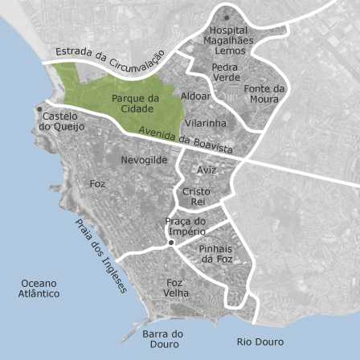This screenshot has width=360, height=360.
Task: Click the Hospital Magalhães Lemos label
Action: pyautogui.click(x=228, y=40)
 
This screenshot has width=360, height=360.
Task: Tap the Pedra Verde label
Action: pyautogui.click(x=227, y=72)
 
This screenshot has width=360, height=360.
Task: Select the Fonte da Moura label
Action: pyautogui.click(x=264, y=94)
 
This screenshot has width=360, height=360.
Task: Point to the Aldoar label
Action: pyautogui.click(x=195, y=96)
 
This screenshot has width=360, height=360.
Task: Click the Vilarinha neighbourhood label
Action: pyautogui.click(x=206, y=123)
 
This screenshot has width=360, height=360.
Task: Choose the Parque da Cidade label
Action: pyautogui.click(x=133, y=104)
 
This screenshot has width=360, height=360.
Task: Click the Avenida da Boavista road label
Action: pyautogui.click(x=186, y=141)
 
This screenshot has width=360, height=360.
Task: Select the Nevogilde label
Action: pyautogui.click(x=144, y=160)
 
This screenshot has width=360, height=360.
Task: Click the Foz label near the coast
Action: pyautogui.click(x=97, y=184)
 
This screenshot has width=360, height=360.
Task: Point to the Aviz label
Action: pyautogui.click(x=207, y=170)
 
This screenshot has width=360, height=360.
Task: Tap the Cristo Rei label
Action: pyautogui.click(x=196, y=197)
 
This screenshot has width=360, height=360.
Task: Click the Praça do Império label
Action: pyautogui.click(x=186, y=227)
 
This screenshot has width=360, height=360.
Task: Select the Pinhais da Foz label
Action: pyautogui.click(x=215, y=254)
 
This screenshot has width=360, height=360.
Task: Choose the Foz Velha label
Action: pyautogui.click(x=176, y=288)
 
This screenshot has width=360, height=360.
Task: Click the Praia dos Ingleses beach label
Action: pyautogui.click(x=100, y=256)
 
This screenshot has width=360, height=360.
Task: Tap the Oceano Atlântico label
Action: pyautogui.click(x=39, y=288)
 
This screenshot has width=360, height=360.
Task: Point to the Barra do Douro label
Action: pyautogui.click(x=162, y=338)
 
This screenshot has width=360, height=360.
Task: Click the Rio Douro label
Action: pyautogui.click(x=260, y=342)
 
